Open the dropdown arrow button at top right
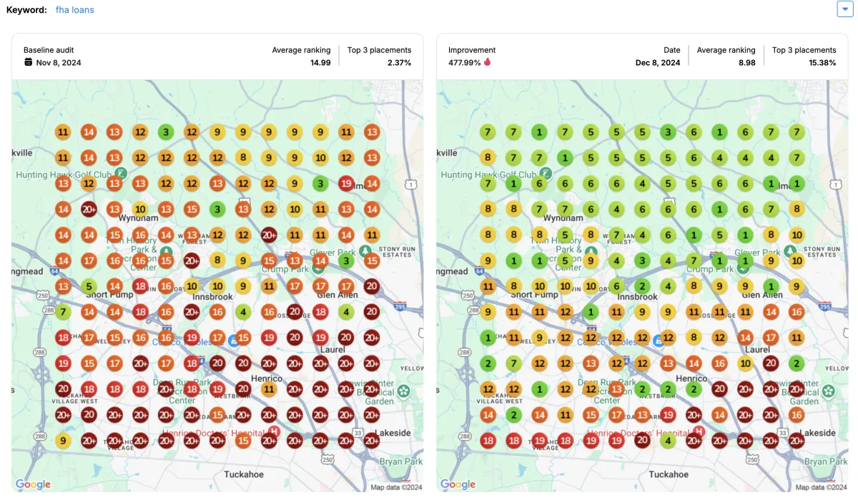pos(844,9)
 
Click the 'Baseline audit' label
pos(49,50)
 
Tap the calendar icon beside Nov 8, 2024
pos(29,62)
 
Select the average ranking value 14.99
pos(320,63)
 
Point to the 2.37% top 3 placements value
pos(400,63)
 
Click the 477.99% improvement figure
pos(463,62)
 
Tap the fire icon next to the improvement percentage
pos(488,62)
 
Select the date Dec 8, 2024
pos(657,63)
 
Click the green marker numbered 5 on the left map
pos(89,286)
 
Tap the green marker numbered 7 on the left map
pos(63,312)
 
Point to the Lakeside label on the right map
pos(817,433)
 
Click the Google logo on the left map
pos(33,484)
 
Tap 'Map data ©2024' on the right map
pos(821,487)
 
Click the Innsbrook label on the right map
pos(637,297)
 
